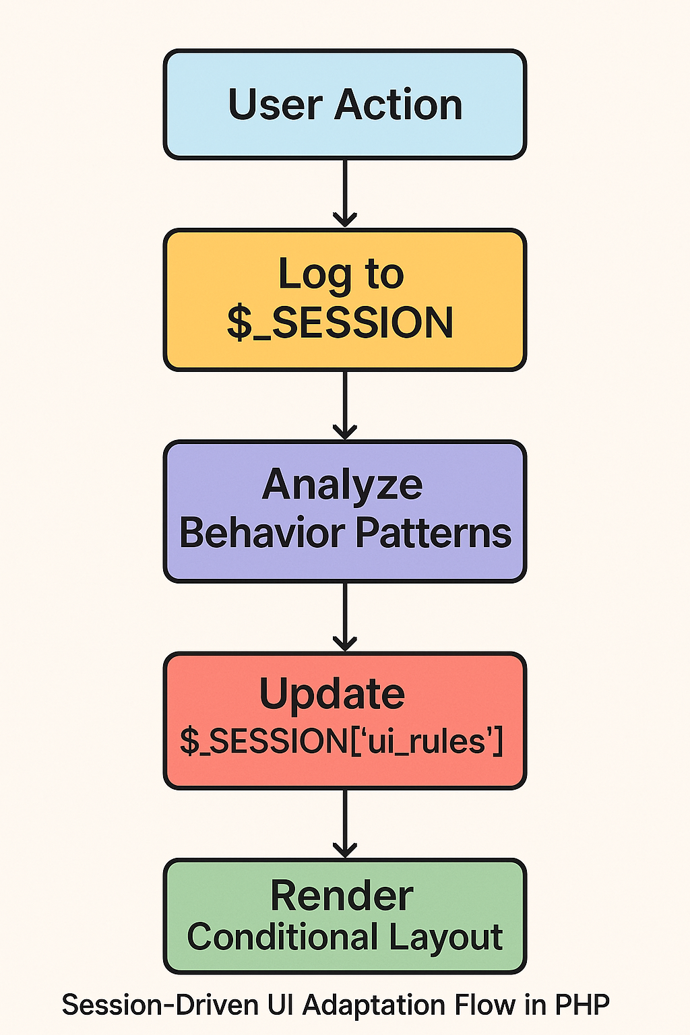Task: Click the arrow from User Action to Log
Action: pos(344,193)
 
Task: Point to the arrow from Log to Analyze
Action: pos(344,404)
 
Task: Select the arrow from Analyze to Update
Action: pos(344,616)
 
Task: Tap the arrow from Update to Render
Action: pos(344,823)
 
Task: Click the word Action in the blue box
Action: pos(398,105)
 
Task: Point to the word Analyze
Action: pos(342,485)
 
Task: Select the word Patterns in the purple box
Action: pos(433,533)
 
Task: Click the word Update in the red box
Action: pos(332,694)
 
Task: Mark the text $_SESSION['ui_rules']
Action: pos(342,742)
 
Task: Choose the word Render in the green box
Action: pos(342,896)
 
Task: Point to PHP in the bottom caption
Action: pos(582,1005)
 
